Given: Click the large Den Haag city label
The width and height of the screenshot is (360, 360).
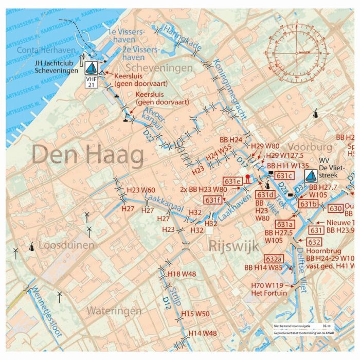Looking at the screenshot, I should pyautogui.click(x=88, y=155).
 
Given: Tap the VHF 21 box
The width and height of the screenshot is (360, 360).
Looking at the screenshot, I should pyautogui.click(x=91, y=83).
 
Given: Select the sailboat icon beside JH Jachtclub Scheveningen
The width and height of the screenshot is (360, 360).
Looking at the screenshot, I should pyautogui.click(x=91, y=68).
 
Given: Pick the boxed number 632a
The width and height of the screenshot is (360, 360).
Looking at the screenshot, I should pyautogui.click(x=274, y=258).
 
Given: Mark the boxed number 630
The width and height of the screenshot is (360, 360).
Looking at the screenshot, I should pyautogui.click(x=335, y=208).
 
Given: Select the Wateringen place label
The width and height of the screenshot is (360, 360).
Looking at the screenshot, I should pyautogui.click(x=114, y=311).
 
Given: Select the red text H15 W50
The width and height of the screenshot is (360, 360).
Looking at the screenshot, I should pyautogui.click(x=195, y=314).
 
